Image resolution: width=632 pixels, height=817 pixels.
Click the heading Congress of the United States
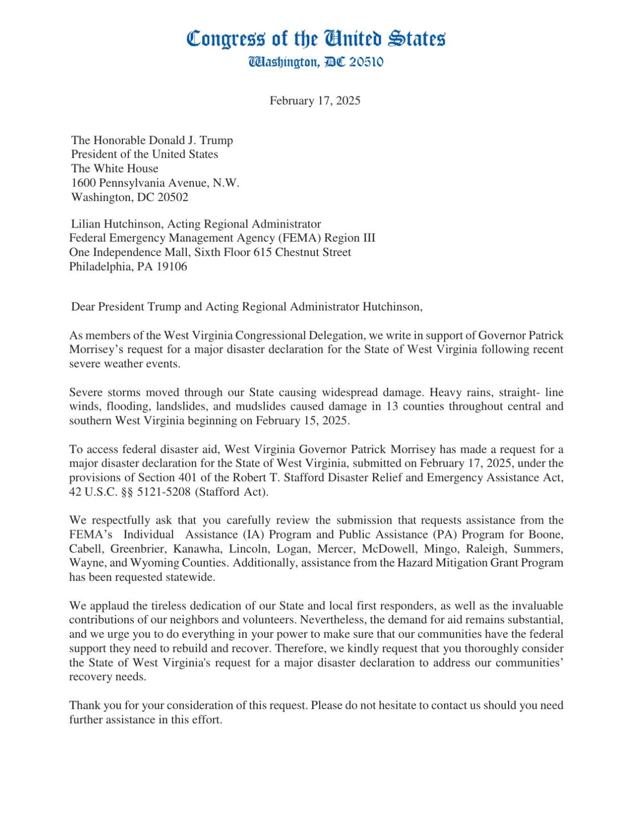(x=316, y=38)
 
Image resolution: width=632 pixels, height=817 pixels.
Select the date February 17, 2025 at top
(x=315, y=101)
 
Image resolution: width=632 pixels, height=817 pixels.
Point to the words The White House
(x=114, y=169)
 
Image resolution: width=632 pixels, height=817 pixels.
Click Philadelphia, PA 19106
(x=128, y=267)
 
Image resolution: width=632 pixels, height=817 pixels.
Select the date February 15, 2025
(x=302, y=421)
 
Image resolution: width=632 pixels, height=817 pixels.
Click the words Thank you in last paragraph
(x=89, y=706)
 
